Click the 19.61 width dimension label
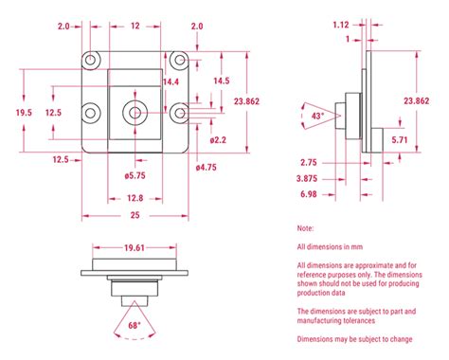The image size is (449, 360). pyautogui.click(x=135, y=247)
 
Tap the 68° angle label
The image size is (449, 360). pyautogui.click(x=135, y=325)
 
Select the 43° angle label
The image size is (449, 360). pyautogui.click(x=317, y=116)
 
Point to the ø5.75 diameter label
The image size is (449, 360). pyautogui.click(x=135, y=175)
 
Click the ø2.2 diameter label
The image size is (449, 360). pyautogui.click(x=218, y=140)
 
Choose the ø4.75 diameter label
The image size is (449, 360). pyautogui.click(x=207, y=168)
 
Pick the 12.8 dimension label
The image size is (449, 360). pyautogui.click(x=135, y=198)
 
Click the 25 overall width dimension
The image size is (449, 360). pyautogui.click(x=135, y=215)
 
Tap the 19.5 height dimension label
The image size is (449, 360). pyautogui.click(x=24, y=113)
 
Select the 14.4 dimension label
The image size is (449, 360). pyautogui.click(x=171, y=81)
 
